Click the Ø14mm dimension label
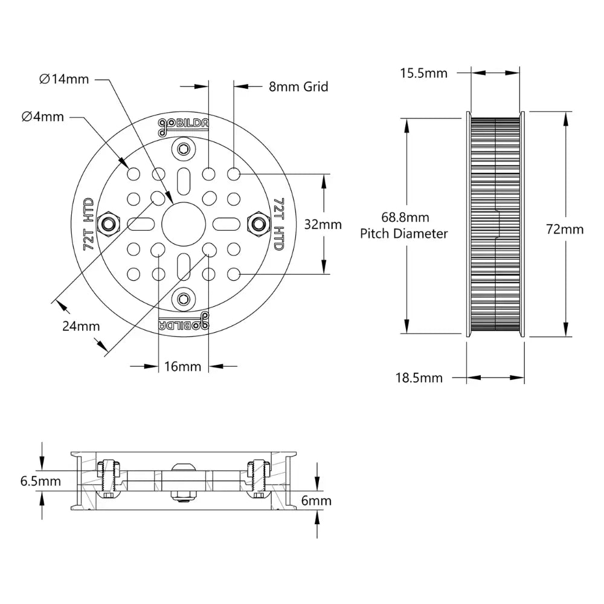coord(63,79)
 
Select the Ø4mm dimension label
coord(42,117)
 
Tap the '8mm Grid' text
coord(298,86)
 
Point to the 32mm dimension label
coord(323,225)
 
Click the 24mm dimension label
coord(81,326)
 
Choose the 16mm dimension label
coord(182,367)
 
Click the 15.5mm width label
coord(423,73)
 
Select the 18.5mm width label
coord(419,378)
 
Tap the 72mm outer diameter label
coord(565,229)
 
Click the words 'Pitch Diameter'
coord(404,233)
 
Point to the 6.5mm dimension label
coord(40,481)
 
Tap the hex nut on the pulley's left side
coord(109,224)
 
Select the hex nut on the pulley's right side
coord(258,224)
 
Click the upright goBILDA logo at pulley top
coord(184,124)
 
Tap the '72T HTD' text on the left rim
coord(88,224)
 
